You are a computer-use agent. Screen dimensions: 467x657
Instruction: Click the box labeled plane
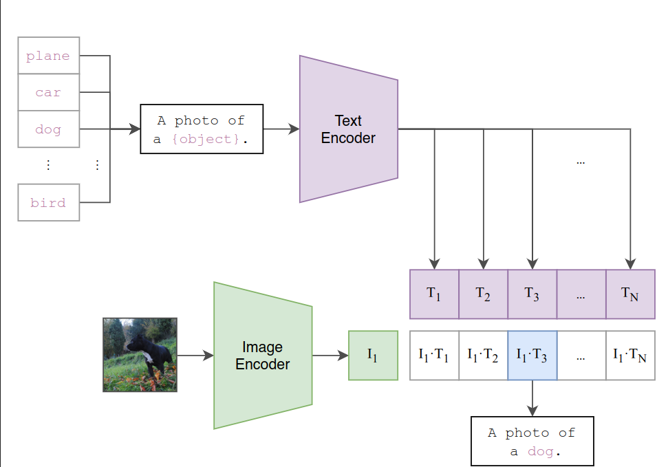coord(48,56)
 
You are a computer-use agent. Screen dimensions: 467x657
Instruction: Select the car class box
coord(48,92)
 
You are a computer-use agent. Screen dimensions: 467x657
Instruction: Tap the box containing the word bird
coord(48,203)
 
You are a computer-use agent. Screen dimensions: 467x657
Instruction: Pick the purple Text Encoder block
coord(348,129)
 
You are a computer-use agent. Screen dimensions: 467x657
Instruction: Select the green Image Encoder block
coord(263,356)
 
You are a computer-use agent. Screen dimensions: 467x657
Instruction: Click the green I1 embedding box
coord(373,356)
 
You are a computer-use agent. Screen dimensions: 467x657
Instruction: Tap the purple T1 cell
coord(434,294)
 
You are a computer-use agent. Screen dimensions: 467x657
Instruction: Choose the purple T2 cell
coord(483,294)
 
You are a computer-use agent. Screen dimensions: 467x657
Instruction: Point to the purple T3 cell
coord(532,294)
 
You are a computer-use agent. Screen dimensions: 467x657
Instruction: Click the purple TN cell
coord(630,294)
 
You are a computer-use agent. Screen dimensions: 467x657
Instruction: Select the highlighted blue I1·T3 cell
coord(532,356)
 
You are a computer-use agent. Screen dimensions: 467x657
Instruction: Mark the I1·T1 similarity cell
coord(434,356)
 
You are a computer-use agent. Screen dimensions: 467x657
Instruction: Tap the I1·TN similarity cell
coord(630,356)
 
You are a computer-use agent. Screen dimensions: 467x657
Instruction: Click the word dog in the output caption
coord(540,452)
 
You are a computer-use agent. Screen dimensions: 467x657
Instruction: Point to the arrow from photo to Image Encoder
coord(195,356)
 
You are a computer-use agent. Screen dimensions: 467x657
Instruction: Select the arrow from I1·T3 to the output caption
coord(532,398)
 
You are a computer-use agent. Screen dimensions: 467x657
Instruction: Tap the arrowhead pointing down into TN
coord(630,264)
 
